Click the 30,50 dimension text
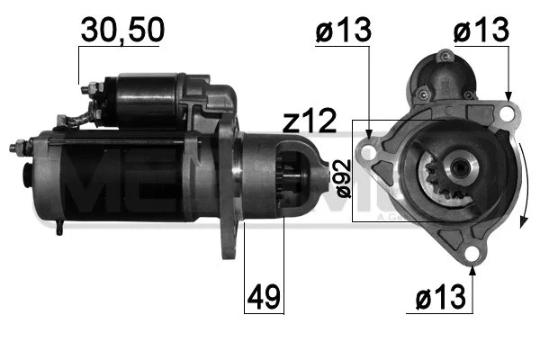tap(122, 29)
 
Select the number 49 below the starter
tap(264, 294)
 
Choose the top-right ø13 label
tap(480, 29)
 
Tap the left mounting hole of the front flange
tap(368, 151)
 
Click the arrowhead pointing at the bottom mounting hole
tap(471, 267)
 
